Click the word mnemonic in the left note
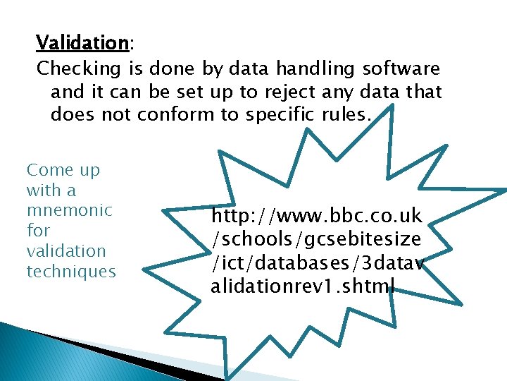coord(69,210)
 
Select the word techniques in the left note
coord(71,272)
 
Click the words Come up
coord(63,170)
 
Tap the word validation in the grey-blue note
coord(65,251)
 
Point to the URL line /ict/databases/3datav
coord(321,262)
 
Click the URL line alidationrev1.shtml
coord(303,286)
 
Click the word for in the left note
coord(38,231)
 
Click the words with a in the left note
coord(51,190)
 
